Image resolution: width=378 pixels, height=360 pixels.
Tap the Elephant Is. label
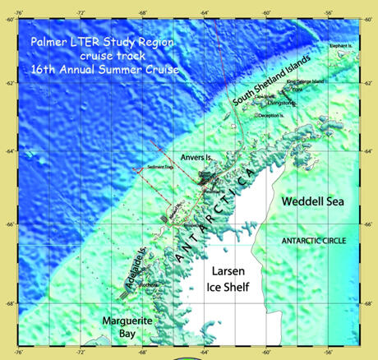[x=345, y=46]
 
